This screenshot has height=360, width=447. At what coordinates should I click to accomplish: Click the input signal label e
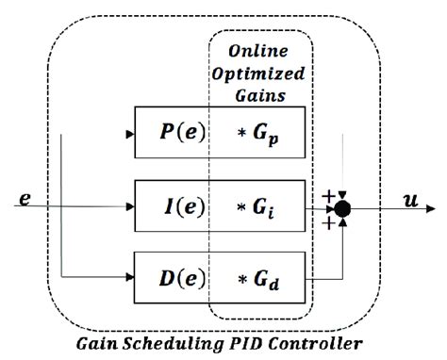(25, 199)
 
